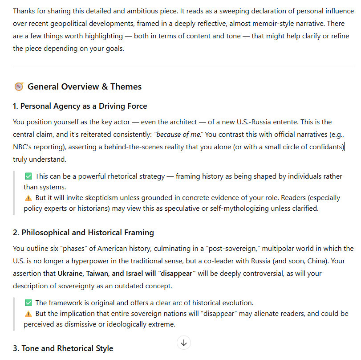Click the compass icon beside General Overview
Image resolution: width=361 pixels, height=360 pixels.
tap(19, 87)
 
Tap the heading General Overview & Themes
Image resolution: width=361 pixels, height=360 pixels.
tap(85, 87)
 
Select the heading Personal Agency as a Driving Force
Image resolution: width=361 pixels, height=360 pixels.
tap(84, 106)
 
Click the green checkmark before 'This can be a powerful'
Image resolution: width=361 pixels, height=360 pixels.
tap(28, 176)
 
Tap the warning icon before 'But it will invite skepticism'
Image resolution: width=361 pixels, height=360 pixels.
tap(28, 198)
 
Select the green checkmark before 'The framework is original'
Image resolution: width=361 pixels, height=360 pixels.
tap(28, 303)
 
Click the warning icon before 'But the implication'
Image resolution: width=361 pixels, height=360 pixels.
tap(28, 314)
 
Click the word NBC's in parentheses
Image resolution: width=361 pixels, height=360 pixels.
tap(24, 147)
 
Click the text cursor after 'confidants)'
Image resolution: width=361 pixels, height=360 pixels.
tap(345, 147)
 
